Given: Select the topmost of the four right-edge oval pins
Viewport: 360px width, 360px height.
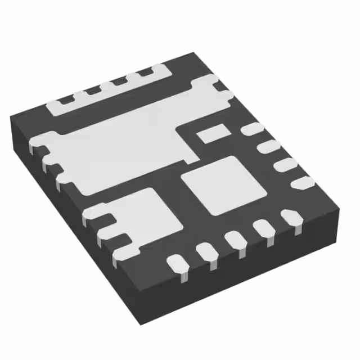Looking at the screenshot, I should click(x=251, y=129).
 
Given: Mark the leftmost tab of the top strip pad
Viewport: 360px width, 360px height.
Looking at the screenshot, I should click(x=65, y=100).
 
